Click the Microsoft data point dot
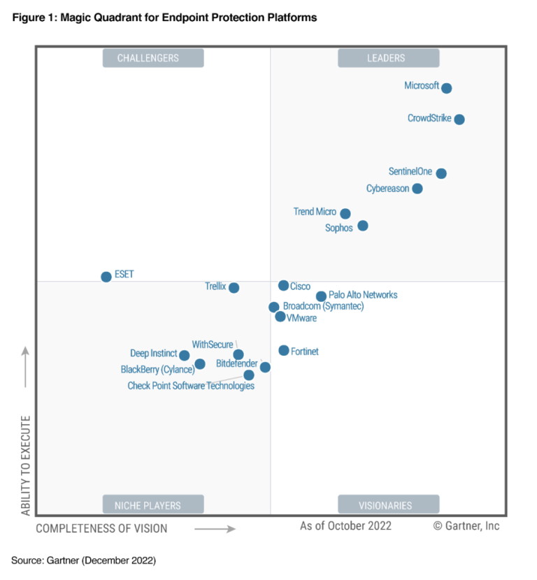click(x=446, y=88)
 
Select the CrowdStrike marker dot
click(x=459, y=119)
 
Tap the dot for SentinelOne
click(x=441, y=173)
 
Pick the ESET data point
click(x=106, y=277)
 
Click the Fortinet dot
click(x=284, y=351)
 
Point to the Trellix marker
click(x=234, y=288)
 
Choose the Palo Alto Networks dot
click(x=321, y=296)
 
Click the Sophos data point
click(x=362, y=226)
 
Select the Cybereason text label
click(x=387, y=189)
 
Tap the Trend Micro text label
click(x=315, y=212)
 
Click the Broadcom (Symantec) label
click(x=323, y=306)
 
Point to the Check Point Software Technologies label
click(x=191, y=386)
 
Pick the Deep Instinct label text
click(x=154, y=354)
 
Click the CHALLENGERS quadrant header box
click(x=153, y=58)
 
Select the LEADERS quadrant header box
click(x=388, y=58)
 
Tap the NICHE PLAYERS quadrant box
click(x=153, y=505)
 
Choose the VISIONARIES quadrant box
click(x=388, y=505)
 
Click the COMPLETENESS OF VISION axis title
click(x=101, y=528)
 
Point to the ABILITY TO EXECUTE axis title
click(x=26, y=465)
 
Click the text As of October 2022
click(x=345, y=525)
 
